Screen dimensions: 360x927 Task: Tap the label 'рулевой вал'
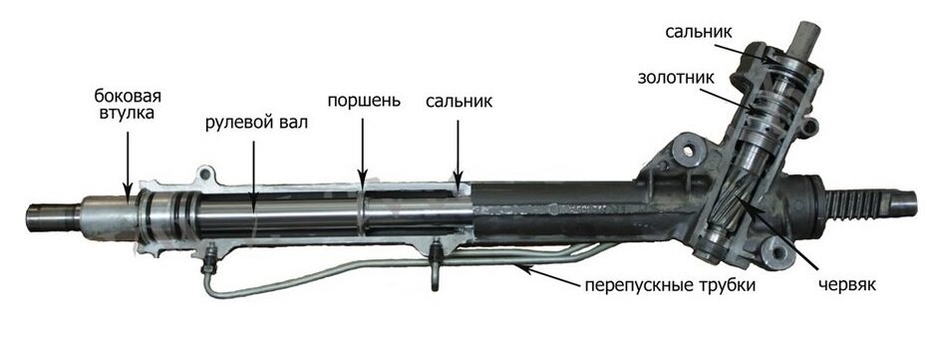(x=256, y=124)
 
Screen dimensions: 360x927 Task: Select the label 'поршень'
(x=364, y=101)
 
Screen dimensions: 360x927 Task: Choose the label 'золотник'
(x=676, y=77)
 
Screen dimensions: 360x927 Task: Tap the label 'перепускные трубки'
(x=670, y=285)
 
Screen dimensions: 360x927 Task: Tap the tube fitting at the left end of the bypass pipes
(x=209, y=266)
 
